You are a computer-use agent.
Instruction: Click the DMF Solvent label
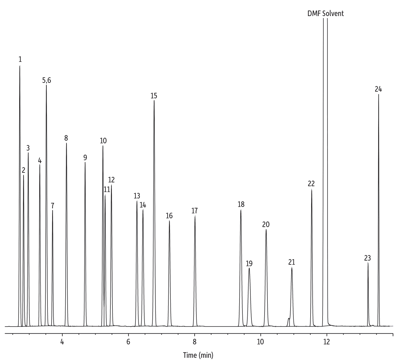(x=325, y=13)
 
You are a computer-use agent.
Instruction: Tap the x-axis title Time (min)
(x=198, y=355)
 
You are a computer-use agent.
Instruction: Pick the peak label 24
(x=378, y=89)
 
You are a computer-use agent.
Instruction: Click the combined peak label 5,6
(x=47, y=80)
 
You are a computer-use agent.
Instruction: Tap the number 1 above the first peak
(x=20, y=60)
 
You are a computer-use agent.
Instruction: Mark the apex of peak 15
(x=154, y=101)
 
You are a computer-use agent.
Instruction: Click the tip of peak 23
(x=368, y=263)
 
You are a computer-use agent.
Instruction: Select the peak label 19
(x=249, y=264)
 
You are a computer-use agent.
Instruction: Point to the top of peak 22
(x=311, y=190)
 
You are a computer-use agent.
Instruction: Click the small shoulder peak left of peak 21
(x=288, y=318)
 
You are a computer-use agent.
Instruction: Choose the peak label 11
(x=107, y=189)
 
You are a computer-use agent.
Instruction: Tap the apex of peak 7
(x=52, y=210)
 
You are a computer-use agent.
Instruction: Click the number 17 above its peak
(x=195, y=210)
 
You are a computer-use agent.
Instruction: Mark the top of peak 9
(x=85, y=163)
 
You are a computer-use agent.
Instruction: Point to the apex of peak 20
(x=266, y=230)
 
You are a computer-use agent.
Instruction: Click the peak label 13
(x=137, y=196)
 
